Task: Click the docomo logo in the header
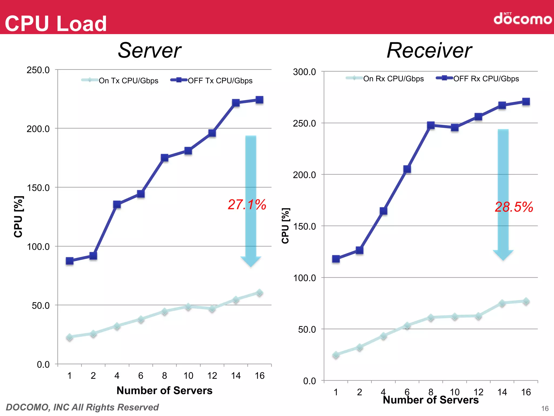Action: [x=522, y=19]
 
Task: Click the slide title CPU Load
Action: [x=56, y=24]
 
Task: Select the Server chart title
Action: [x=150, y=50]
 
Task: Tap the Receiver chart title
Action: [x=429, y=50]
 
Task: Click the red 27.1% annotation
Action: [x=247, y=204]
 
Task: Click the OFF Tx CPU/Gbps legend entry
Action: [x=212, y=80]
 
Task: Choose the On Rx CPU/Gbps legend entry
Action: [x=385, y=79]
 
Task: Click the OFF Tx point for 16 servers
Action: [x=259, y=100]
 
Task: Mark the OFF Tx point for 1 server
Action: [x=70, y=261]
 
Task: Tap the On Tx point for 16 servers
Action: [x=259, y=293]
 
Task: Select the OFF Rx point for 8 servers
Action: [x=431, y=125]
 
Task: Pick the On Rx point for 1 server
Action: [x=336, y=355]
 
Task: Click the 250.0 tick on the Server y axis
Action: [x=38, y=70]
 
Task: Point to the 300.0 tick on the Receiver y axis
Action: [x=304, y=72]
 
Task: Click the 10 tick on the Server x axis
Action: [x=188, y=376]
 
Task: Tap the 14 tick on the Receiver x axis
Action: [x=502, y=392]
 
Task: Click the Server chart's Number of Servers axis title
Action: [x=164, y=391]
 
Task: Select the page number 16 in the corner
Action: [x=545, y=408]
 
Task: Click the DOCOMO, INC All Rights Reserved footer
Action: [x=82, y=407]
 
